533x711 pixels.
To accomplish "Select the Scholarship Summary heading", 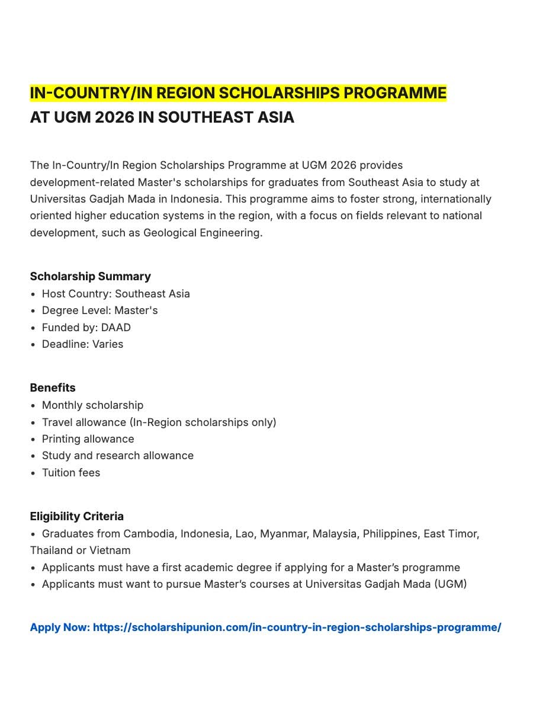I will coord(90,276).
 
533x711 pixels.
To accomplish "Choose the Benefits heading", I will coord(53,387).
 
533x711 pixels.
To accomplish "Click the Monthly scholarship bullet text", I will coord(92,405).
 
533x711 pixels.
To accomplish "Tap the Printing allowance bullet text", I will coord(88,439).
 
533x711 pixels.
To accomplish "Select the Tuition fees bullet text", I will coord(70,473).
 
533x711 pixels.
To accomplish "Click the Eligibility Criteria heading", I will coord(77,516).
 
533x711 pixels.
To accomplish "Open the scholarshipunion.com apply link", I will coord(297,627).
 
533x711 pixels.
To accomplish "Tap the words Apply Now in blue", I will coord(60,627).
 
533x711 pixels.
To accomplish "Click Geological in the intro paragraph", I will coord(169,232).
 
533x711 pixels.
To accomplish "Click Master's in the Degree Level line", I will coord(136,310).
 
